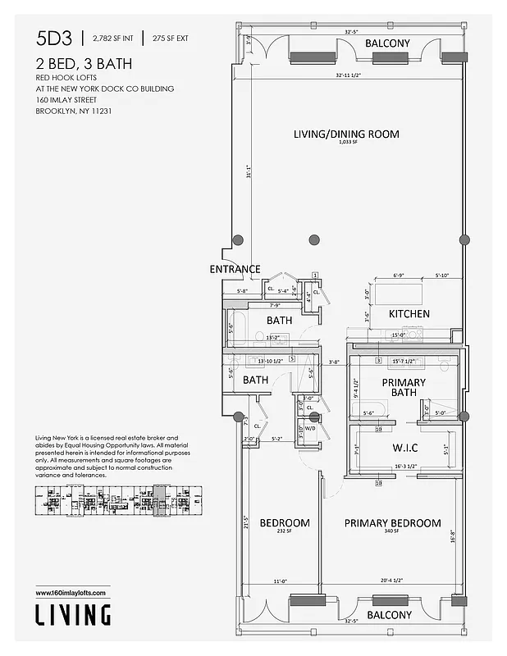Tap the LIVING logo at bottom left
pyautogui.click(x=73, y=614)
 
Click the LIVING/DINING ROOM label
pyautogui.click(x=346, y=134)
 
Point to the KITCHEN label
pyautogui.click(x=409, y=314)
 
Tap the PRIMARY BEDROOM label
pyautogui.click(x=392, y=523)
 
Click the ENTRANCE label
pyautogui.click(x=235, y=269)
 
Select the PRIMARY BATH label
pyautogui.click(x=404, y=387)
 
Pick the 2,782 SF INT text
pyautogui.click(x=112, y=38)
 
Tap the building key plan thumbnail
pyautogui.click(x=112, y=500)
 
